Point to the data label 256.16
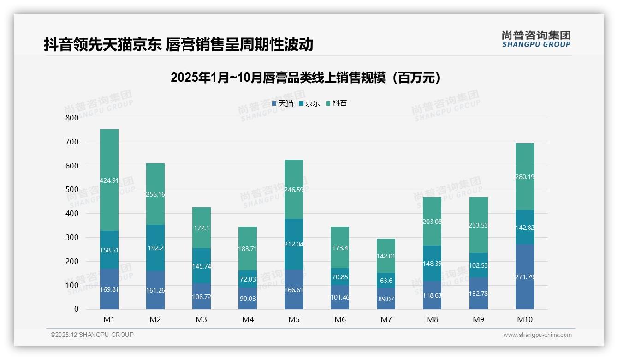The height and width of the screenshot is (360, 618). click(x=155, y=194)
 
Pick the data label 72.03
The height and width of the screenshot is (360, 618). click(x=248, y=279)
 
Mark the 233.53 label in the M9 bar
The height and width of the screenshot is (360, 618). click(x=478, y=225)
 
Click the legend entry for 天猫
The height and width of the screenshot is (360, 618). click(x=283, y=103)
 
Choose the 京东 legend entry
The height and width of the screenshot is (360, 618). click(x=309, y=103)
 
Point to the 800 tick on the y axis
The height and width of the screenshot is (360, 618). click(x=72, y=118)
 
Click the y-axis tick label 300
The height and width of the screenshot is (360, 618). click(x=72, y=237)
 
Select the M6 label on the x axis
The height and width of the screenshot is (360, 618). click(x=340, y=319)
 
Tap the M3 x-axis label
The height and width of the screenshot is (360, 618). click(x=202, y=319)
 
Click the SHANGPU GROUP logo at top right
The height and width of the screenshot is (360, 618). click(x=536, y=39)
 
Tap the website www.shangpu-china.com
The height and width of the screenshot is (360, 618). click(x=537, y=335)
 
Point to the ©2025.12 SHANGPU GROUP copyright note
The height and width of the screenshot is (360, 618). click(x=92, y=335)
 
